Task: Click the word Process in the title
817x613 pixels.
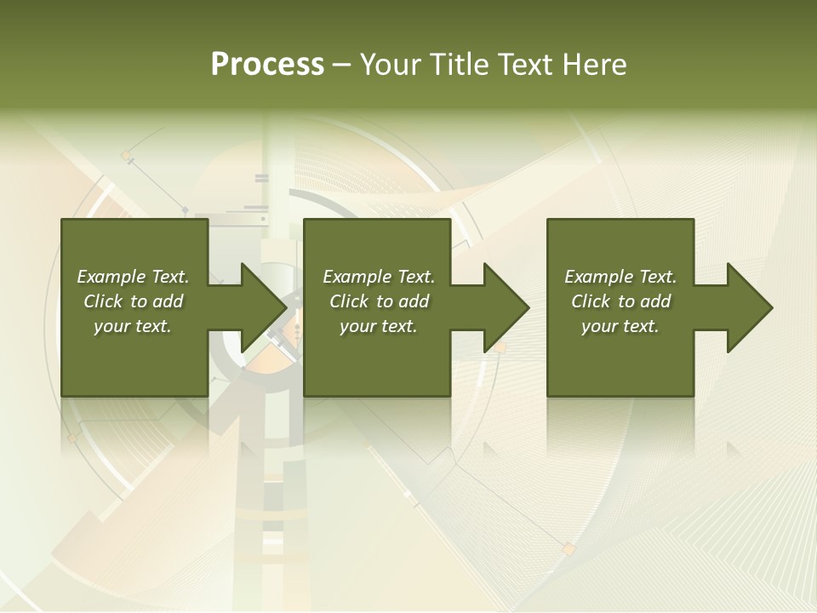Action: click(x=267, y=65)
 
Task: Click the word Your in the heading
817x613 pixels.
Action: click(x=391, y=65)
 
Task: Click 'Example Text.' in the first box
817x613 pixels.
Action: click(x=133, y=277)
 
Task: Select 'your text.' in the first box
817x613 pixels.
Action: click(x=133, y=326)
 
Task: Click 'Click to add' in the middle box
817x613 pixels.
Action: click(x=379, y=301)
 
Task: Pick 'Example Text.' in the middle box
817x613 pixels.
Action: click(x=379, y=277)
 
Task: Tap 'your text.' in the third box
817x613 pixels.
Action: click(x=620, y=326)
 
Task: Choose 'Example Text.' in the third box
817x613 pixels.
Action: click(x=620, y=277)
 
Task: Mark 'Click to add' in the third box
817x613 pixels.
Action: click(x=620, y=301)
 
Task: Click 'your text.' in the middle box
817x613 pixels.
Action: click(x=379, y=326)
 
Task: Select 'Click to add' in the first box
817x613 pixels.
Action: click(x=133, y=301)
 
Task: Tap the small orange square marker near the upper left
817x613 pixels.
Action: click(x=127, y=155)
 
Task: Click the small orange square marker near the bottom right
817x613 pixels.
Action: click(x=568, y=550)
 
